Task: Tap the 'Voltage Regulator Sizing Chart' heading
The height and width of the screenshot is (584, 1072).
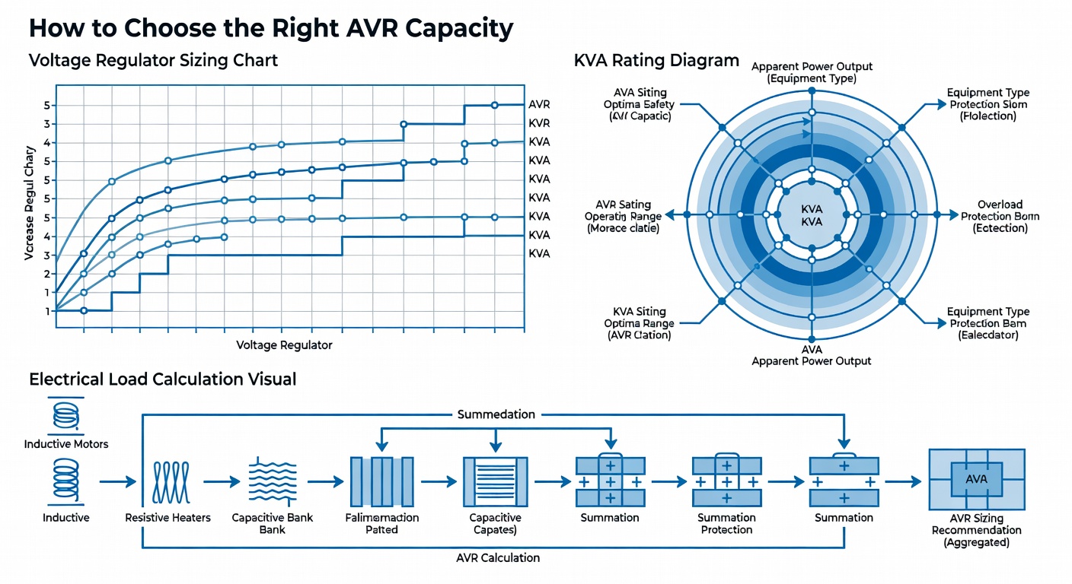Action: tap(153, 61)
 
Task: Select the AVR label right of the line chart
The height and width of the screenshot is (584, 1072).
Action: tap(539, 104)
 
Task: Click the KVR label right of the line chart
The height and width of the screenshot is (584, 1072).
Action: tap(539, 123)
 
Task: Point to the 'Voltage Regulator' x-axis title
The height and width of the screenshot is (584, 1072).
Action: tap(284, 345)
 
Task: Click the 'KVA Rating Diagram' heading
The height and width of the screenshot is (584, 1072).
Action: tap(656, 61)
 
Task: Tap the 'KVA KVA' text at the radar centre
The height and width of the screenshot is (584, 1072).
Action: tap(812, 215)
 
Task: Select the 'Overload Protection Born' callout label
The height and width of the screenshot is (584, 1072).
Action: tap(1000, 217)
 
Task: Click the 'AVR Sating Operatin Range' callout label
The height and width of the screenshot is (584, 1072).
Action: tap(623, 217)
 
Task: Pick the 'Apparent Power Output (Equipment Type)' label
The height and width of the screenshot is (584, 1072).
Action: tap(812, 73)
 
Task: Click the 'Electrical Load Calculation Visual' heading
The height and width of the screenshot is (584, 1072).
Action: tap(163, 379)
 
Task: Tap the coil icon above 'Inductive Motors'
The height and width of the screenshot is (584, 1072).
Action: tap(66, 415)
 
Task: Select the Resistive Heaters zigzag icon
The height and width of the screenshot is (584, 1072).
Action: tap(171, 482)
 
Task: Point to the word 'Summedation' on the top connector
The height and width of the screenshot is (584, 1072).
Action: tap(496, 414)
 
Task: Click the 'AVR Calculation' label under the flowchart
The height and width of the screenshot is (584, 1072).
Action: tap(498, 557)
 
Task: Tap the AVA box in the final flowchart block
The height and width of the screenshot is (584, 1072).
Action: tap(976, 479)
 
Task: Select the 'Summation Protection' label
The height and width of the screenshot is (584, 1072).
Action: tap(726, 524)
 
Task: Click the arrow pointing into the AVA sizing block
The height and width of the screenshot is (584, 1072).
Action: tap(903, 482)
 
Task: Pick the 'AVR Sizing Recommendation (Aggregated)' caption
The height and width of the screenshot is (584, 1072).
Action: tap(976, 531)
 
